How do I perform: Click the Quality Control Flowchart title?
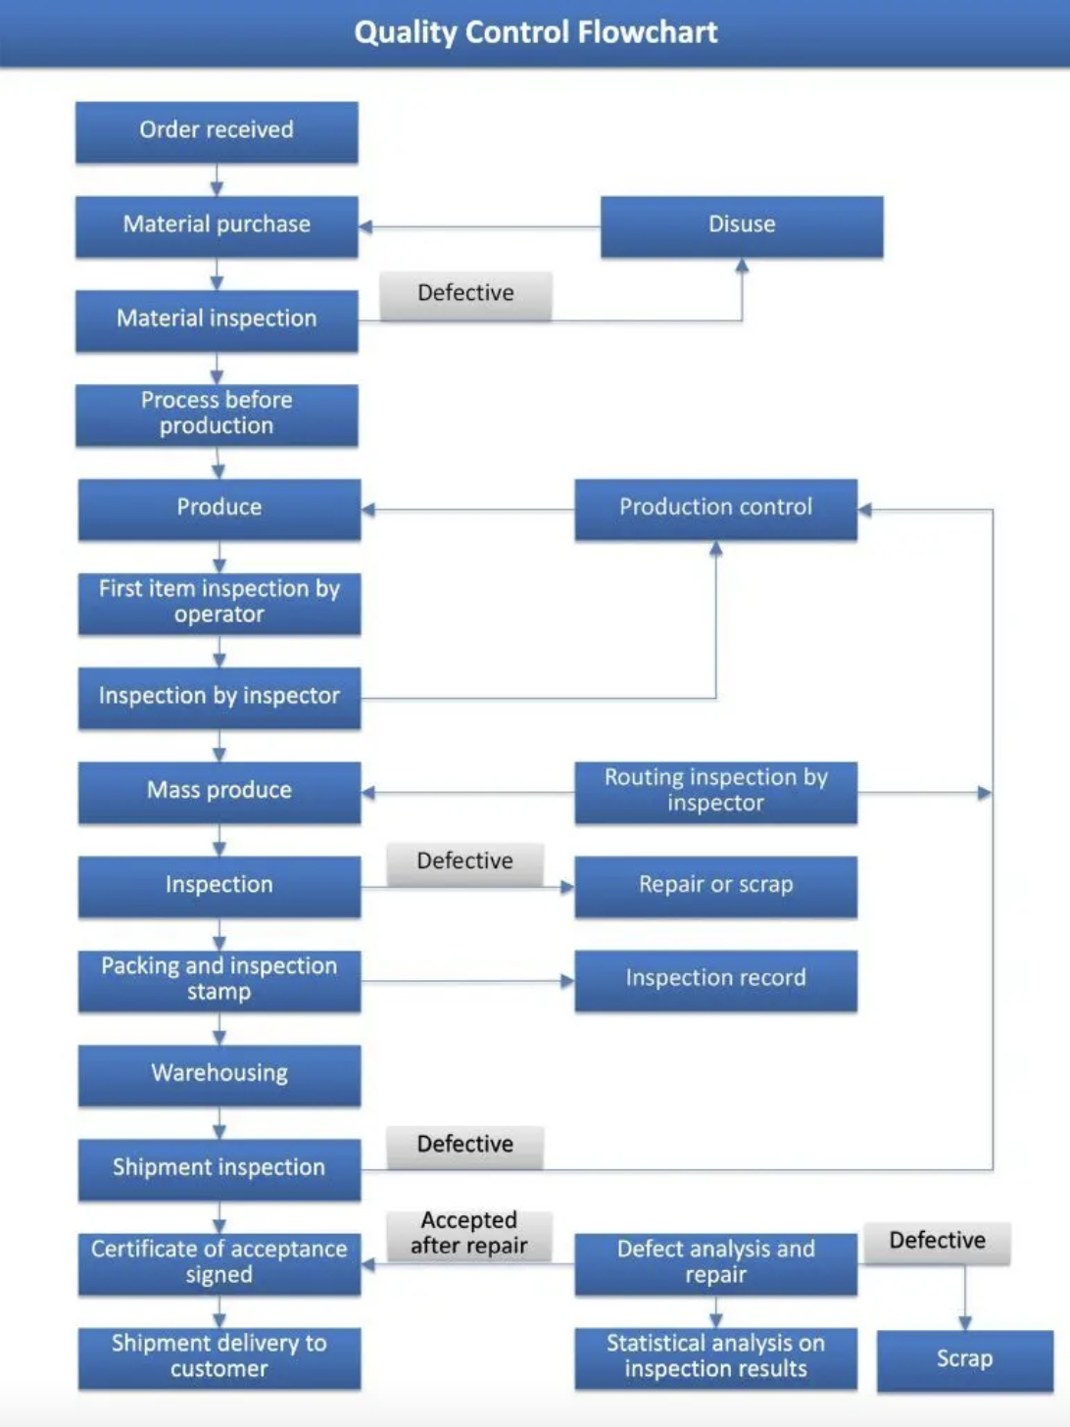pyautogui.click(x=535, y=32)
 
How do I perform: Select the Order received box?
pyautogui.click(x=217, y=130)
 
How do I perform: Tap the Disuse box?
pyautogui.click(x=742, y=225)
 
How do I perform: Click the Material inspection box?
pyautogui.click(x=217, y=320)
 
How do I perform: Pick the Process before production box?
pyautogui.click(x=217, y=414)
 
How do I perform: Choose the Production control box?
pyautogui.click(x=715, y=508)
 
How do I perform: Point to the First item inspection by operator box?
pyautogui.click(x=219, y=602)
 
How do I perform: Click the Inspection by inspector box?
pyautogui.click(x=219, y=696)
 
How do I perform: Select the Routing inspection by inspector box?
pyautogui.click(x=715, y=791)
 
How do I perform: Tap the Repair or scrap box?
pyautogui.click(x=715, y=885)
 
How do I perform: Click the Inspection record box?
pyautogui.click(x=715, y=978)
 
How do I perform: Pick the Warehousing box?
pyautogui.click(x=219, y=1073)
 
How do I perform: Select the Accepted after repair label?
pyautogui.click(x=468, y=1234)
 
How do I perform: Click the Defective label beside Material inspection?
pyautogui.click(x=465, y=294)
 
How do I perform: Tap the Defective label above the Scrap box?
pyautogui.click(x=937, y=1242)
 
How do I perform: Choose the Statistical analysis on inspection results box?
pyautogui.click(x=715, y=1356)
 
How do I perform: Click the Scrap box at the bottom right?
pyautogui.click(x=964, y=1359)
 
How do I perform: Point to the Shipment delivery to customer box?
pyautogui.click(x=219, y=1356)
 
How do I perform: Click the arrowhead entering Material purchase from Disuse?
pyautogui.click(x=365, y=226)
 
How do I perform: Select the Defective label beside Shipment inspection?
pyautogui.click(x=464, y=1145)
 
